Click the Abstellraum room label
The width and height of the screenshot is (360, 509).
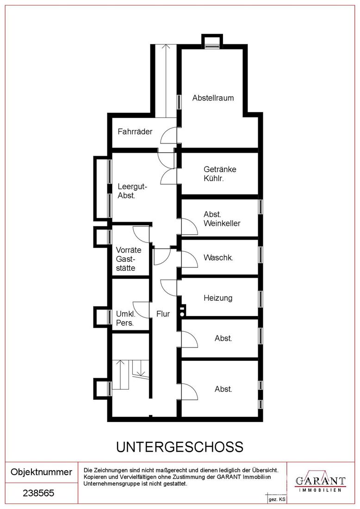[213, 98]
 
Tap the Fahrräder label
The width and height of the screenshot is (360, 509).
[135, 131]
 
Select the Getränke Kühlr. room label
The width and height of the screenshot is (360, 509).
[220, 174]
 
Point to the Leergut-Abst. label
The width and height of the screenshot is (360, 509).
[132, 191]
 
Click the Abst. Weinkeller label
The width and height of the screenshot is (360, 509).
[222, 219]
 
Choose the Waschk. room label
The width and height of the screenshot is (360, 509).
[218, 257]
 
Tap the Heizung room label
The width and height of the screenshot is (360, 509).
[218, 298]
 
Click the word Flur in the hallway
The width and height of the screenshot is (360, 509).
[163, 314]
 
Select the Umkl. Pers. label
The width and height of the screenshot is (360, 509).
[125, 318]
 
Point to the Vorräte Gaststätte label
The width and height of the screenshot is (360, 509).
[129, 259]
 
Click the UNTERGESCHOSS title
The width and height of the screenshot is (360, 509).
[180, 447]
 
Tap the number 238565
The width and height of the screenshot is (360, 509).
[38, 493]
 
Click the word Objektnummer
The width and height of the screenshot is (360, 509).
[41, 472]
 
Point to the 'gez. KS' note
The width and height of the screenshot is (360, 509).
[277, 499]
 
